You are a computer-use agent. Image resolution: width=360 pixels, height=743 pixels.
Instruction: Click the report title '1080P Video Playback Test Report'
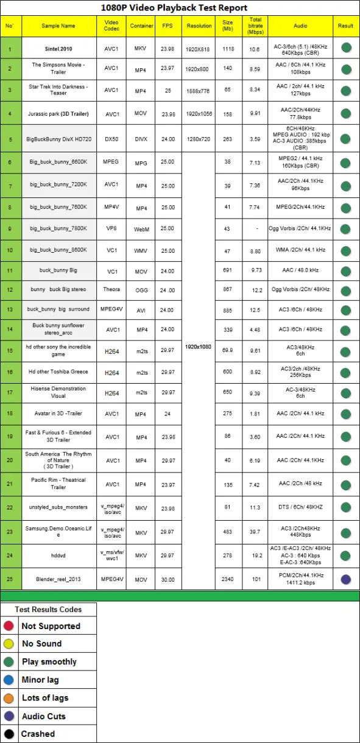(174, 8)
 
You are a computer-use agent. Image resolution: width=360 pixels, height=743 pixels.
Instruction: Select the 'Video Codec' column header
(111, 26)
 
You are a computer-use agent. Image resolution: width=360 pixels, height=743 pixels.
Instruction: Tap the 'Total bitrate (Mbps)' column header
(255, 26)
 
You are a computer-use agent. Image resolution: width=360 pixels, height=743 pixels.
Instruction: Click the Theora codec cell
(111, 289)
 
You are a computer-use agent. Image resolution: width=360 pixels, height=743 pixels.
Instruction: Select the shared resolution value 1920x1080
(199, 347)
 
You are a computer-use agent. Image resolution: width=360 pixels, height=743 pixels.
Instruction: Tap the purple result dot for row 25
(346, 579)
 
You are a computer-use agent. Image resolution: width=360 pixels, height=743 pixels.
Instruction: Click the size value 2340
(228, 579)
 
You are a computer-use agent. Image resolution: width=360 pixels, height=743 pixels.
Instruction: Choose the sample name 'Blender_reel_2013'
(58, 579)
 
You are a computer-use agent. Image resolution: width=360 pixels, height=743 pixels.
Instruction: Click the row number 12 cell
(10, 289)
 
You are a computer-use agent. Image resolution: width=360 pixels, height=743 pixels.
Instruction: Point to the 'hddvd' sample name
(58, 556)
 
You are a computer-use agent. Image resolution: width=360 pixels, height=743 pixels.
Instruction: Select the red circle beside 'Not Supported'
(9, 626)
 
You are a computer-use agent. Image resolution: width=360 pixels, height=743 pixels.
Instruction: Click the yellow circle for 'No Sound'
(9, 644)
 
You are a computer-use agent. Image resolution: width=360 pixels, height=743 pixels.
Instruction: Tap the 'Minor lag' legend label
(40, 680)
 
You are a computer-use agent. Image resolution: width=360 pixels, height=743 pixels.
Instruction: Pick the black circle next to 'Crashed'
(9, 734)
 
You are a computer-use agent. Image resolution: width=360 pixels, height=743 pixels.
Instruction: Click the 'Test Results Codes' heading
(48, 609)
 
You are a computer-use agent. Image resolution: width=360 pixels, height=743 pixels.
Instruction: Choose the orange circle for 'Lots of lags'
(9, 698)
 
